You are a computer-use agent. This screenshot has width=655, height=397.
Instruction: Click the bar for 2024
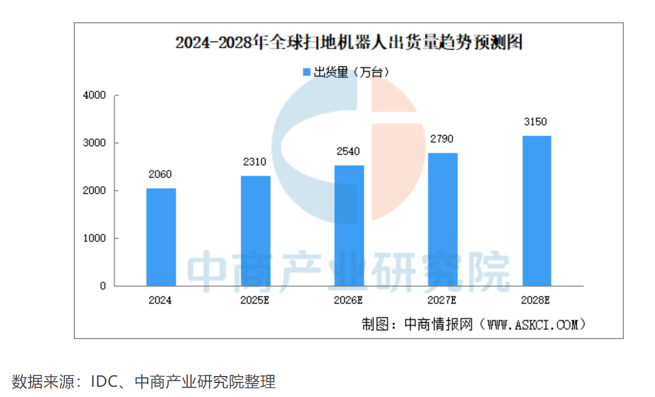pos(161,237)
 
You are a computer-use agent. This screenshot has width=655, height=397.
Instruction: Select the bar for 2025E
pos(255,230)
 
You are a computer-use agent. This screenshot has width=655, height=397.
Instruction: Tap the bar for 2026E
pos(349,225)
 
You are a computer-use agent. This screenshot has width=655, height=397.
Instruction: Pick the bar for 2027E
pos(443,219)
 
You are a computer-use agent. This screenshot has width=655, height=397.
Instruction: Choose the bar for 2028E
pos(537,211)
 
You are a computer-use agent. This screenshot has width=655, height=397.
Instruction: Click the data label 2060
pos(160,174)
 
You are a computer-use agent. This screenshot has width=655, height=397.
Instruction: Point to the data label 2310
pos(255,162)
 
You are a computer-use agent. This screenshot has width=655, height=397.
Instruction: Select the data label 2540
pos(349,151)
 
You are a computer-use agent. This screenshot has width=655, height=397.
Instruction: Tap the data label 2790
pos(442,139)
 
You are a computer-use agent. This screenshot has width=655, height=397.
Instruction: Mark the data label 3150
pos(536,122)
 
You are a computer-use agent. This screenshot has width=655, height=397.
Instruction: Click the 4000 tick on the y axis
pos(94,95)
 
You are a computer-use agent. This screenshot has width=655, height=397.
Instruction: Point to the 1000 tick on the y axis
pos(94,239)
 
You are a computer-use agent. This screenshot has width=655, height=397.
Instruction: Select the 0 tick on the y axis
pos(102,286)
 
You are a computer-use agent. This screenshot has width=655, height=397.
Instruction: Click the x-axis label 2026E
pos(349,300)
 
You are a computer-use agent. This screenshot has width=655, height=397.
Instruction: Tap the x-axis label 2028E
pos(536,300)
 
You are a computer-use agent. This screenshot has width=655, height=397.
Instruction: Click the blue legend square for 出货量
pos(306,72)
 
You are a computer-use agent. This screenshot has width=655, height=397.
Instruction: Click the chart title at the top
pos(349,43)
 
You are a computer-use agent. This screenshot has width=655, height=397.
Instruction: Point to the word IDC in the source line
pos(104,382)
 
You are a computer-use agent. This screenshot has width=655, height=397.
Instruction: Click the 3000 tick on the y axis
pos(94,143)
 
